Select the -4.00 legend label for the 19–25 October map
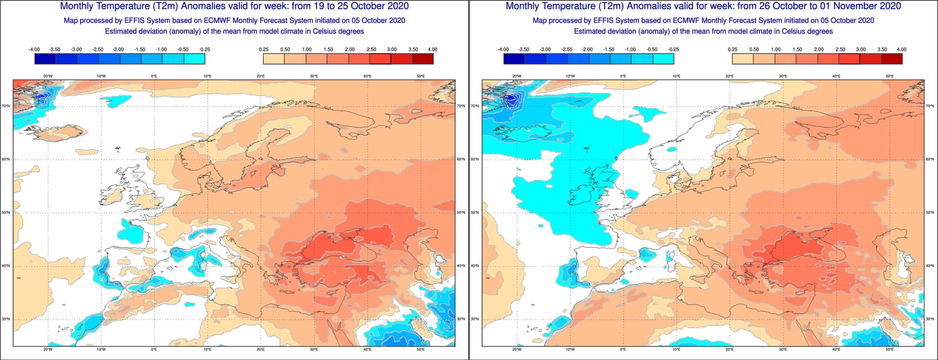click(34, 49)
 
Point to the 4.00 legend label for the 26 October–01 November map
click(901, 49)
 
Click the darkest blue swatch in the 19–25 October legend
click(45, 59)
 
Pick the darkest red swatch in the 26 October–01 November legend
click(892, 59)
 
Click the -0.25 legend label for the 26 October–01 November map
click(673, 49)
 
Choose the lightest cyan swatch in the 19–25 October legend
click(194, 59)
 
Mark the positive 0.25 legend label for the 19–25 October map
click(263, 49)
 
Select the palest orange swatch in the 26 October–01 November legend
click(743, 59)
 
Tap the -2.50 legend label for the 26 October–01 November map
click(567, 49)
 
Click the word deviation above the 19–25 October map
click(158, 31)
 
